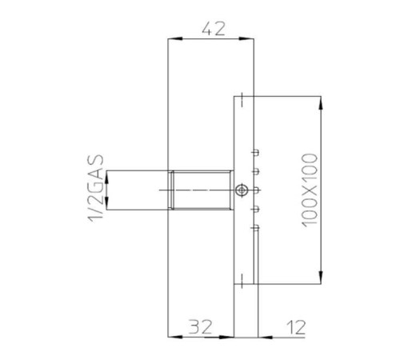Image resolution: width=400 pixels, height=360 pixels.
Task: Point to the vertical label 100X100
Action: coord(311,190)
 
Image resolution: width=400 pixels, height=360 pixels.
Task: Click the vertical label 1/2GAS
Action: coord(97,190)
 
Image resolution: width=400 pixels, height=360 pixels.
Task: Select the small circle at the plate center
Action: coord(242,190)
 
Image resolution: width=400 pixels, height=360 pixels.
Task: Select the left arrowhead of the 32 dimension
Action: coord(170,337)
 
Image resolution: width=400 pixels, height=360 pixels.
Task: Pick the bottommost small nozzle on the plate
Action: coord(254,229)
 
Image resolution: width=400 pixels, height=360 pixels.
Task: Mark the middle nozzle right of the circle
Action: coord(254,190)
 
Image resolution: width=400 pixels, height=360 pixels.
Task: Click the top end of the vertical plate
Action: coord(243,95)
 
